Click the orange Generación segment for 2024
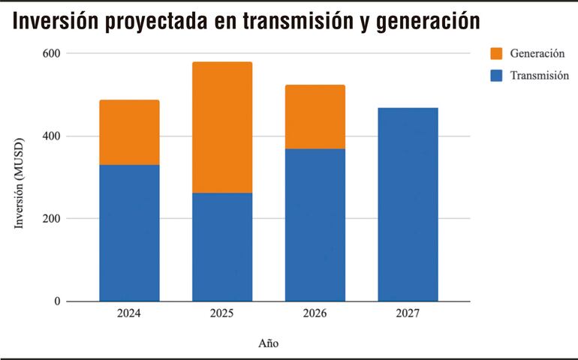click(129, 132)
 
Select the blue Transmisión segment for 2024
click(129, 232)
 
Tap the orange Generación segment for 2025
click(222, 127)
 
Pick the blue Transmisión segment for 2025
click(222, 247)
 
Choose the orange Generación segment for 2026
click(315, 116)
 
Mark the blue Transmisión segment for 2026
click(315, 225)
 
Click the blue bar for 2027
click(408, 204)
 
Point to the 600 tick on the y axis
click(52, 54)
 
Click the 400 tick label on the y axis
click(52, 136)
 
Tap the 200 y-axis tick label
click(52, 219)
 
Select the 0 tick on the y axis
click(57, 301)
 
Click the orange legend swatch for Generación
click(496, 53)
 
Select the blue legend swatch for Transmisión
click(496, 75)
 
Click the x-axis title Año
click(269, 343)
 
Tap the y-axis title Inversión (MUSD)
click(20, 184)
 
